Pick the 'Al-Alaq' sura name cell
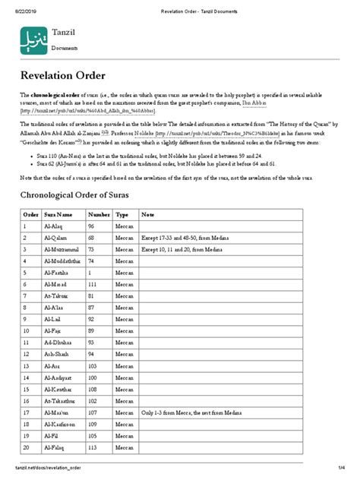click(56, 226)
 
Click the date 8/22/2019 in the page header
click(27, 8)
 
